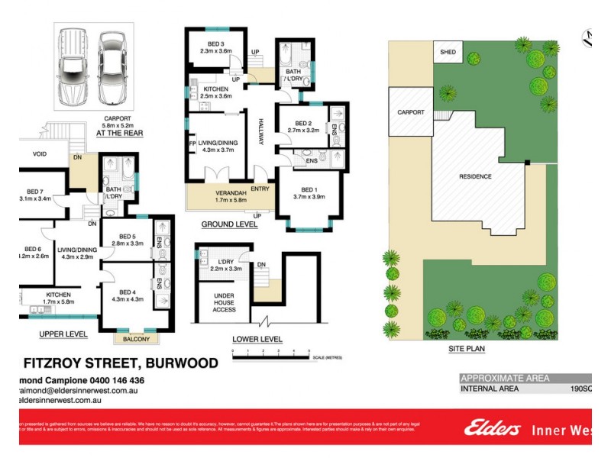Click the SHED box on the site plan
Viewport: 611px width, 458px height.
(445, 52)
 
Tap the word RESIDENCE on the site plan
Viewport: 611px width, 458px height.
(475, 176)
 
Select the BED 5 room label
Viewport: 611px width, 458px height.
(128, 238)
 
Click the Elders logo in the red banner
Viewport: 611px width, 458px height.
(492, 429)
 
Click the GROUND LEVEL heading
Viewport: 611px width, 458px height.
(228, 225)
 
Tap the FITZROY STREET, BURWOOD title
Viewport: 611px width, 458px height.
(121, 363)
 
